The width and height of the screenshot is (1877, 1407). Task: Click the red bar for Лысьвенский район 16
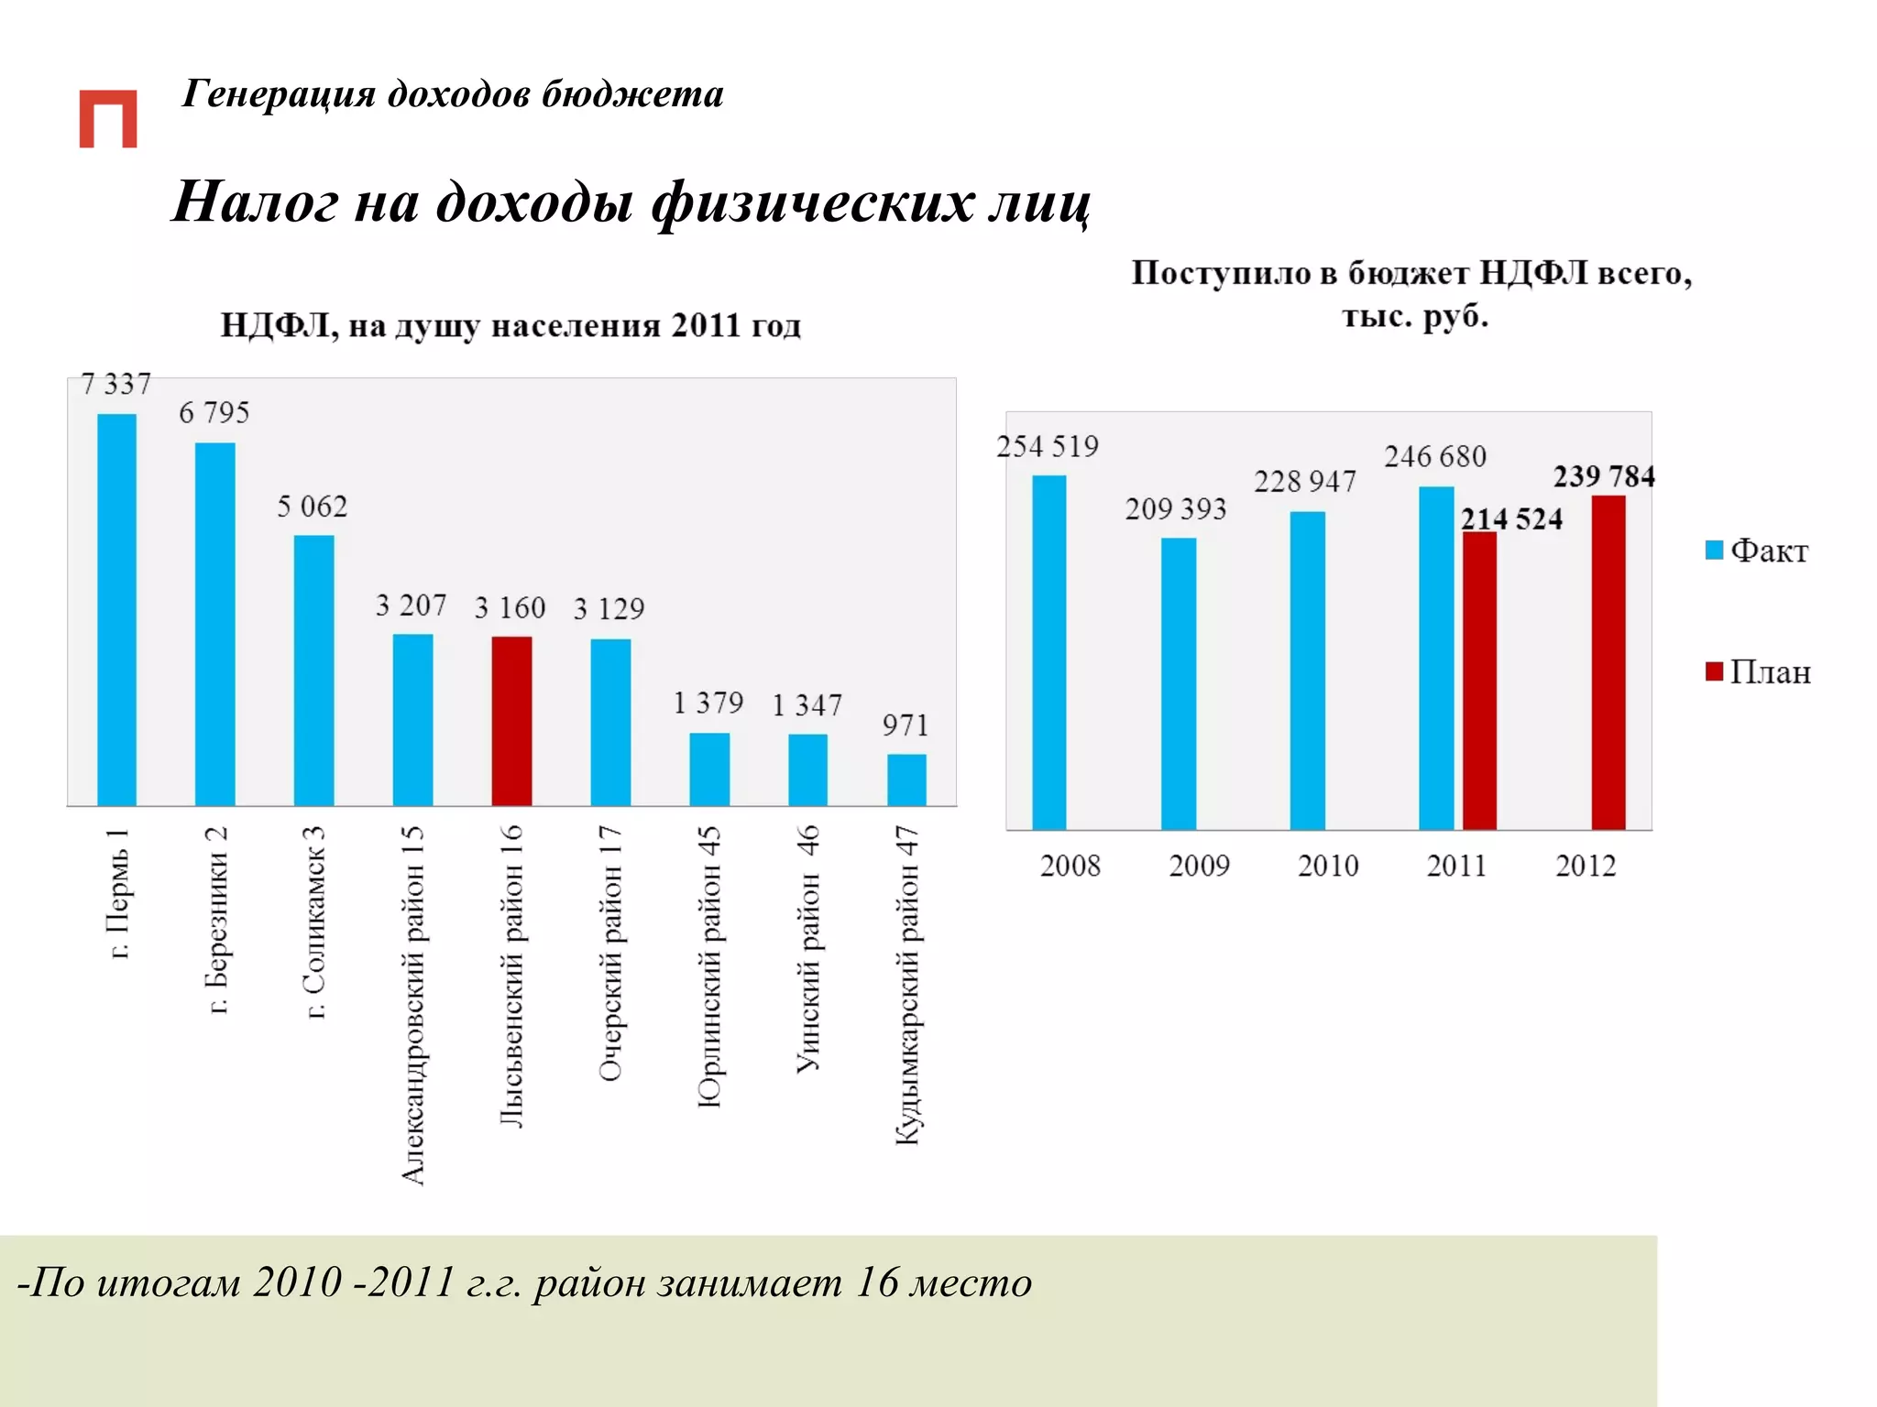[511, 721]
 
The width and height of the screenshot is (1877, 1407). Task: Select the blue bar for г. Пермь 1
[116, 609]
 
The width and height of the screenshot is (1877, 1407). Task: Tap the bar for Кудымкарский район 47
[906, 780]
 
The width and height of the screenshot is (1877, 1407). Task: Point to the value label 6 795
[214, 413]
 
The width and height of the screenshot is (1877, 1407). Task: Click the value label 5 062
[313, 507]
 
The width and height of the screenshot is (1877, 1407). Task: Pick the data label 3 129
[609, 609]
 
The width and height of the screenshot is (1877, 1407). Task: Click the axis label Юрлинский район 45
[709, 966]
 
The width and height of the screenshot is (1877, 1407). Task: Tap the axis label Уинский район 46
[807, 948]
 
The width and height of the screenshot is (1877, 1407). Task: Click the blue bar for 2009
[1178, 683]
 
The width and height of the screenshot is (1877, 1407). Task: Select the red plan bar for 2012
[1608, 662]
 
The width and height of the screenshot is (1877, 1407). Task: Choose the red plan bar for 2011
[1479, 681]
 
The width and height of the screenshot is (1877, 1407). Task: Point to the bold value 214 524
[1511, 519]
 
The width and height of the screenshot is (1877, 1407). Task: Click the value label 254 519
[1047, 447]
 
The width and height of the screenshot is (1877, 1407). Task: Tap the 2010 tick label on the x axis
[1327, 866]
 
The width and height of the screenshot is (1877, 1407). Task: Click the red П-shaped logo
[108, 119]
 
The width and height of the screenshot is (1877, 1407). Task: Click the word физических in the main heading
[812, 202]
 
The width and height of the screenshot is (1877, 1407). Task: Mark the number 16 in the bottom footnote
[875, 1282]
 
